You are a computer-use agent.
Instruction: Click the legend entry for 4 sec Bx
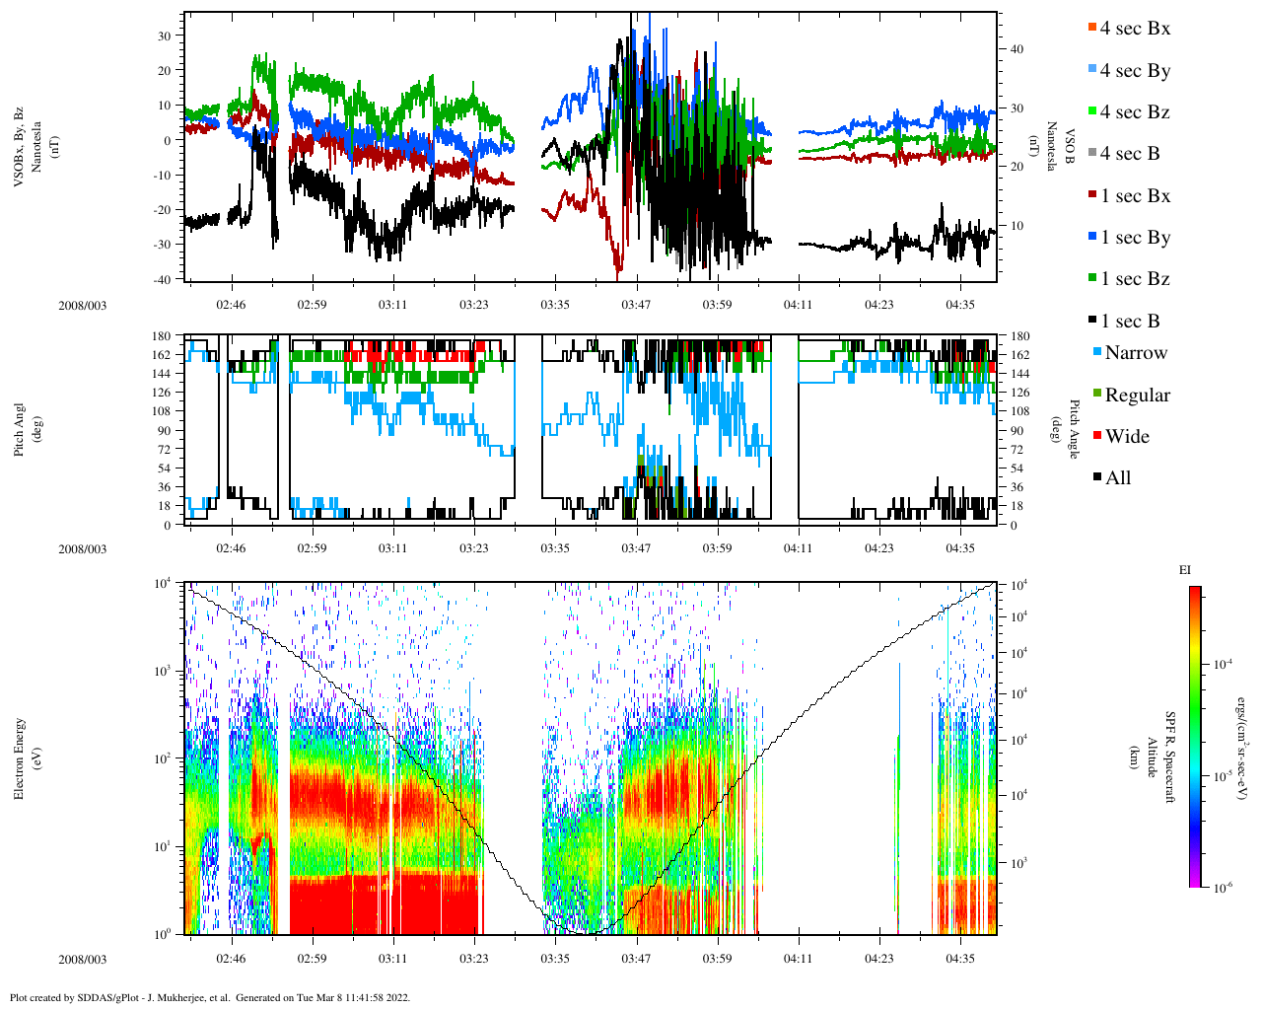[x=1134, y=29]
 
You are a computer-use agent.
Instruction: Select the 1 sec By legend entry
[x=1134, y=238]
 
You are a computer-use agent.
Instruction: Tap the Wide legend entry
[x=1126, y=437]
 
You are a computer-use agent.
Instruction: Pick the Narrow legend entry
[x=1135, y=353]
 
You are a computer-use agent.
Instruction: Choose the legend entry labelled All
[x=1117, y=478]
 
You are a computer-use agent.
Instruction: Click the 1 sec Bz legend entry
[x=1134, y=279]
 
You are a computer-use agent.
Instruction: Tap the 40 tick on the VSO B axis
[x=1017, y=49]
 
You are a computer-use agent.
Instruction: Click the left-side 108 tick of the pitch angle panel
[x=163, y=411]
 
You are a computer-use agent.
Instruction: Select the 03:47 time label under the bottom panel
[x=636, y=959]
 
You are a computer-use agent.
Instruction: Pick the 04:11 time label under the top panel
[x=798, y=305]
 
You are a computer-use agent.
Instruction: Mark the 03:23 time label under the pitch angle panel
[x=474, y=548]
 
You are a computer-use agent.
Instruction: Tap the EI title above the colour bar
[x=1185, y=570]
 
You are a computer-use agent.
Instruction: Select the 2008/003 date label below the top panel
[x=83, y=305]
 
